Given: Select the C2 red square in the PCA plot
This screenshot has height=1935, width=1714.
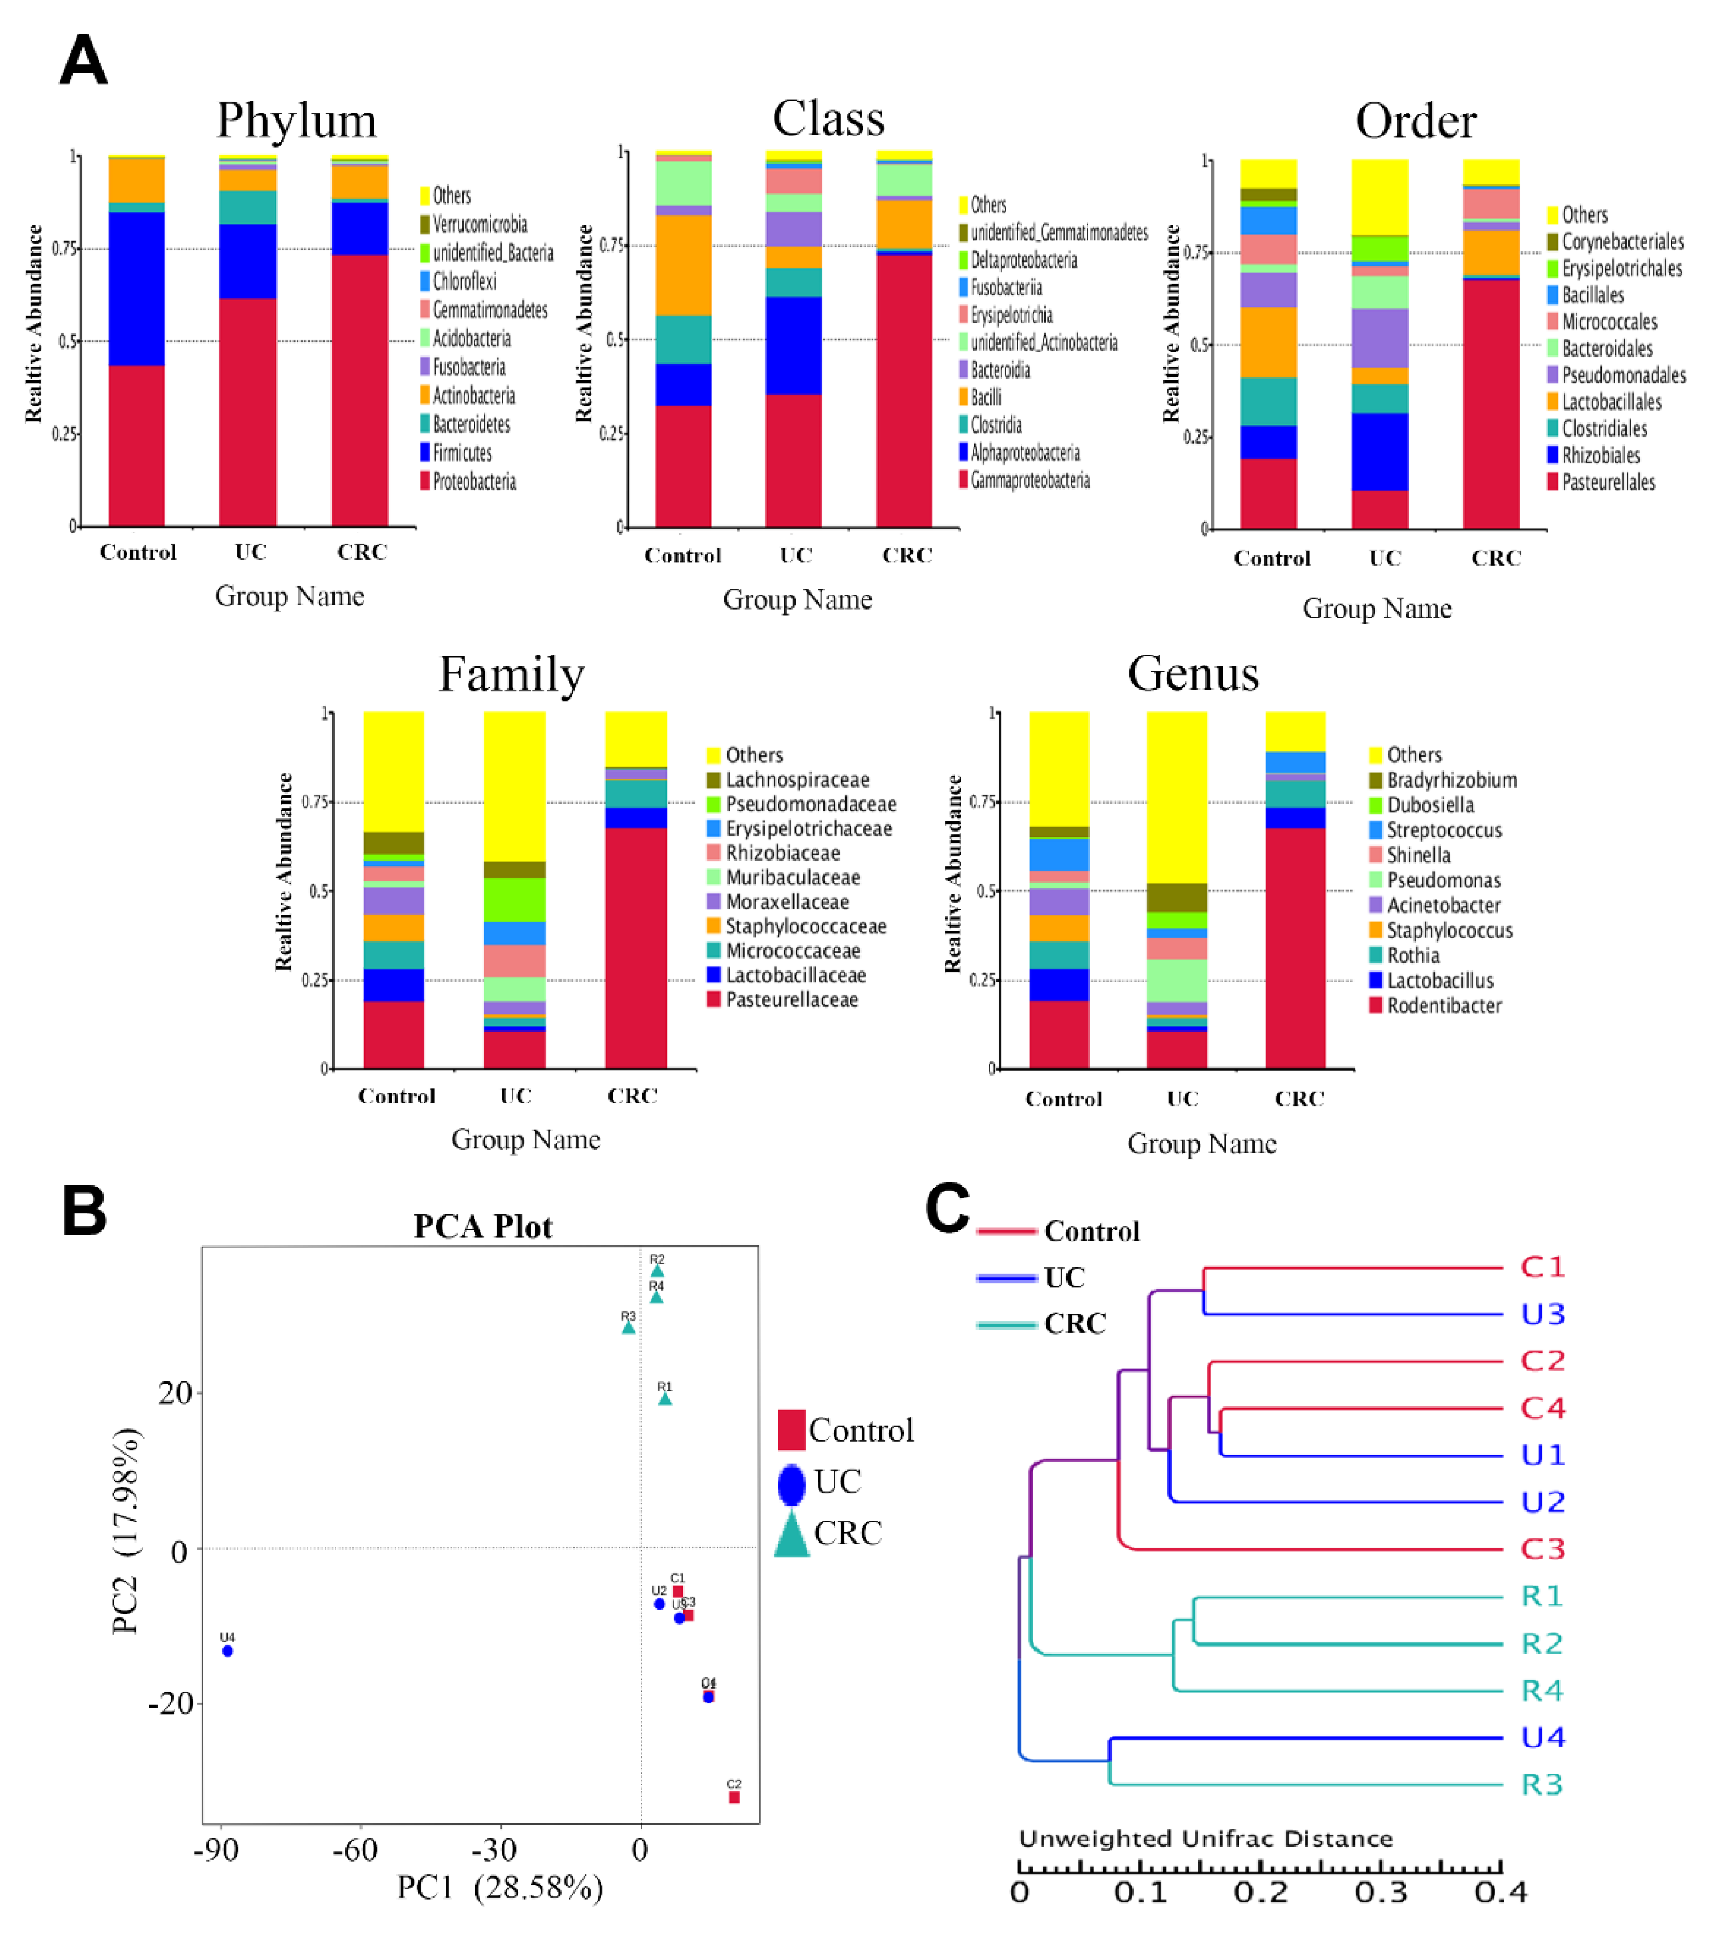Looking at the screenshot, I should coord(734,1797).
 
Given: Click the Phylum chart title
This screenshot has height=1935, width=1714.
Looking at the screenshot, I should coord(297,120).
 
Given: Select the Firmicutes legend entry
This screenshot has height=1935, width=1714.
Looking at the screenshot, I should coord(462,453).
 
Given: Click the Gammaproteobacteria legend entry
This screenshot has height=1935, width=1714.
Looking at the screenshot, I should coord(1029,480).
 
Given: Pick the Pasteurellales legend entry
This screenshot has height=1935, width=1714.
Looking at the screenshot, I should coord(1608,482).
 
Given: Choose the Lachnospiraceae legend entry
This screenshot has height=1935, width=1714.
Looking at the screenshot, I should coord(797,779).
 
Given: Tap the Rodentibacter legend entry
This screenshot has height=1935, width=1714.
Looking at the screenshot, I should coord(1444,1005).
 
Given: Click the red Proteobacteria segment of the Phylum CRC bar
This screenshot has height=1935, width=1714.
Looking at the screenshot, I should coord(360,388).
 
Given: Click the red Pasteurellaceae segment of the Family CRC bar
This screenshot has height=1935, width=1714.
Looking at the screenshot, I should coord(635,947).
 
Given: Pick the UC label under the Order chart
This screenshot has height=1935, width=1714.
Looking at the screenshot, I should coord(1385,558).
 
